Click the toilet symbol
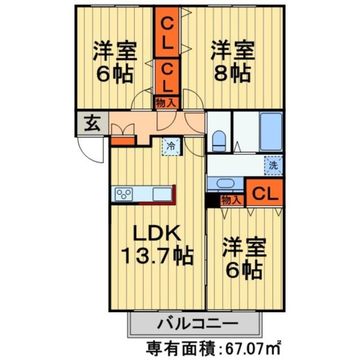(219, 141)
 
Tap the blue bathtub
(271, 131)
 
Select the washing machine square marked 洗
(273, 166)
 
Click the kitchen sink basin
(162, 194)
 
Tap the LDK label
(156, 234)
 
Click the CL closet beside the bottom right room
(265, 193)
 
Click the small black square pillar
(212, 201)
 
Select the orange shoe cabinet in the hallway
(122, 140)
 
